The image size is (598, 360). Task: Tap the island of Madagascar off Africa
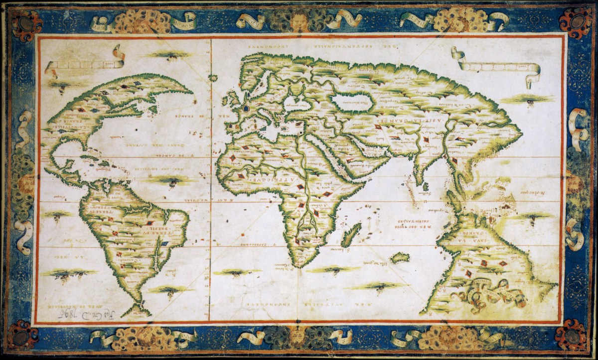coord(351,235)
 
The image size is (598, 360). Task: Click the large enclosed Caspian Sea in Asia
coord(355,102)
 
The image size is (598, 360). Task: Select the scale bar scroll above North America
coord(85,62)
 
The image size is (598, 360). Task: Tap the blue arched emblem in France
coord(246,107)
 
